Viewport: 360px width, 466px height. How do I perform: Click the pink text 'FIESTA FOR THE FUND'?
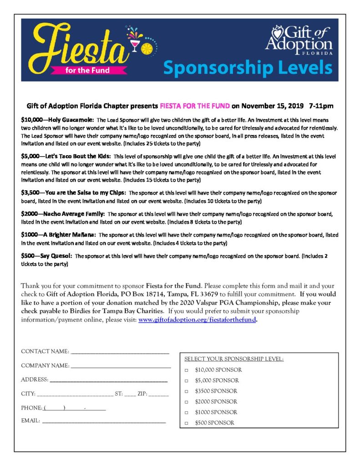click(195, 106)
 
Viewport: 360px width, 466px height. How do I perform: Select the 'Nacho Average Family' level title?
click(63, 214)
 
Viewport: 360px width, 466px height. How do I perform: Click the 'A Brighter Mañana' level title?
click(58, 235)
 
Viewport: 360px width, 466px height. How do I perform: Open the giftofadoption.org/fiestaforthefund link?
click(198, 319)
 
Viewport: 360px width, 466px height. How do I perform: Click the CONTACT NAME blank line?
click(120, 352)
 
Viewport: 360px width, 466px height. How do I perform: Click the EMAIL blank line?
click(104, 422)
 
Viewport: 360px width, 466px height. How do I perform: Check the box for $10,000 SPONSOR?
click(187, 370)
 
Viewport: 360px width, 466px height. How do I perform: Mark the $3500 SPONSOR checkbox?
click(187, 391)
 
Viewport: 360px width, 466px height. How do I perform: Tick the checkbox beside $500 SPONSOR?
click(187, 423)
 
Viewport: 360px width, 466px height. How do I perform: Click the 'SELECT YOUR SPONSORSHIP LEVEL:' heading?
click(234, 359)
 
